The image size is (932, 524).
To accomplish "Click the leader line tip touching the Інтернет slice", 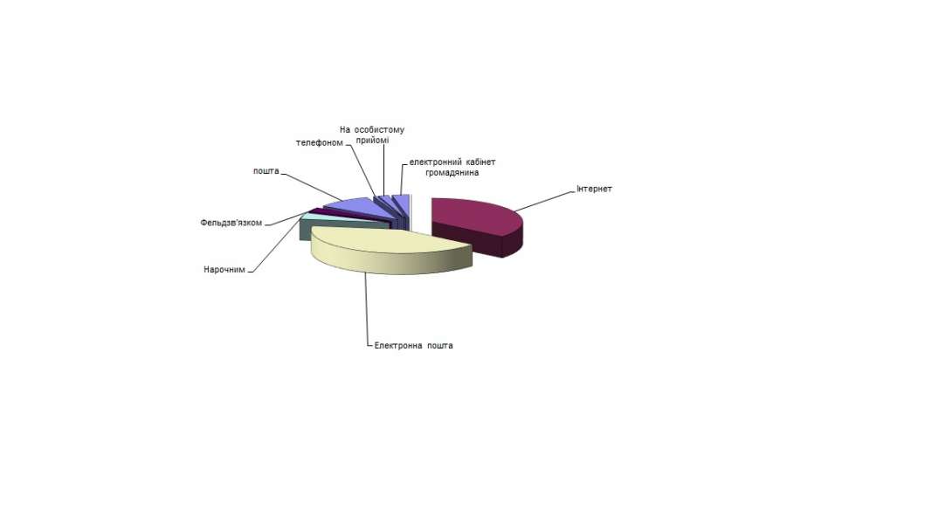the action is point(515,210).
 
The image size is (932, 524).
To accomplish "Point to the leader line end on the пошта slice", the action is point(342,200).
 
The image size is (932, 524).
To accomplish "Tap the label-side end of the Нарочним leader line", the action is point(248,272).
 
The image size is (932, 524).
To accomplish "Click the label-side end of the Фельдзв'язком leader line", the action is point(265,224).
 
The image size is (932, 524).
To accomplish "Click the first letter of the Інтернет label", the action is point(577,189).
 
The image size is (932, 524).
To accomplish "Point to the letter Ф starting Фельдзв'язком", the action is point(204,223).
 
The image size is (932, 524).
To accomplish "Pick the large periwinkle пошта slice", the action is point(356,206).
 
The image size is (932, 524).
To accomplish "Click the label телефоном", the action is point(319,142).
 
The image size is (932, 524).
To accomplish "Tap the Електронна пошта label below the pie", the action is point(413,345).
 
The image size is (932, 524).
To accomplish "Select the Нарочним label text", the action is point(224,269).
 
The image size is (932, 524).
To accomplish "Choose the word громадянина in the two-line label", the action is point(452,172).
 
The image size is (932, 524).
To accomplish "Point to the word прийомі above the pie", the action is point(373,141).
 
